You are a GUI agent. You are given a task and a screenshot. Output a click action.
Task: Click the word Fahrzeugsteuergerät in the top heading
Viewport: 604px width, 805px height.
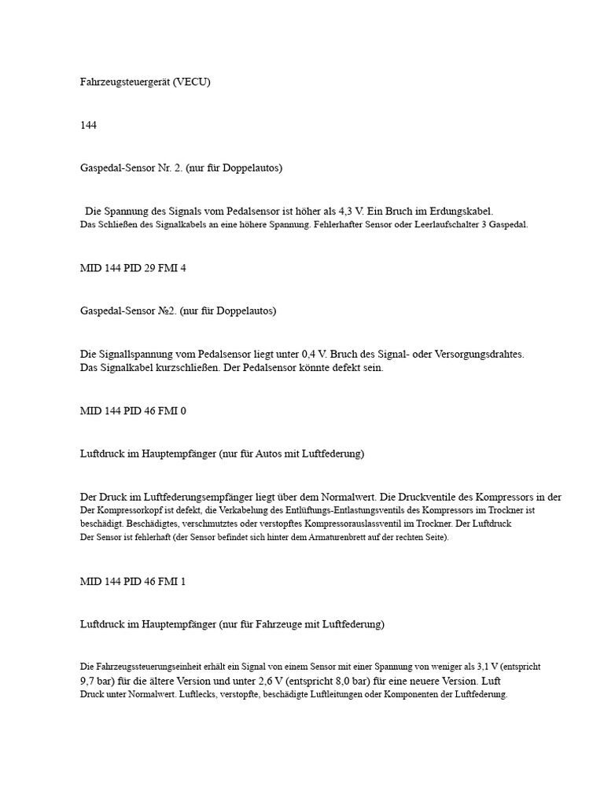pos(126,82)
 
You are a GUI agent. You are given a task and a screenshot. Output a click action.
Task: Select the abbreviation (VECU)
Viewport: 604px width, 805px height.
pos(193,82)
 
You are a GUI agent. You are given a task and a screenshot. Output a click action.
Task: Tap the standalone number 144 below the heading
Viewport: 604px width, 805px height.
pos(88,125)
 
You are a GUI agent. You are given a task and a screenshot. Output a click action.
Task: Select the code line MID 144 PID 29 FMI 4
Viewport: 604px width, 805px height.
pos(133,268)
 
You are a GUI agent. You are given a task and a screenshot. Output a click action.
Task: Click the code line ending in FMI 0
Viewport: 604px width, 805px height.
pos(133,410)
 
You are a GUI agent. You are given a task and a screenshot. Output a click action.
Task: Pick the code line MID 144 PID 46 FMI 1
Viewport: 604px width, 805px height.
pos(133,582)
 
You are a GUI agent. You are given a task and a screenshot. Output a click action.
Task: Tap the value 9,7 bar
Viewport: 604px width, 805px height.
pos(97,681)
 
